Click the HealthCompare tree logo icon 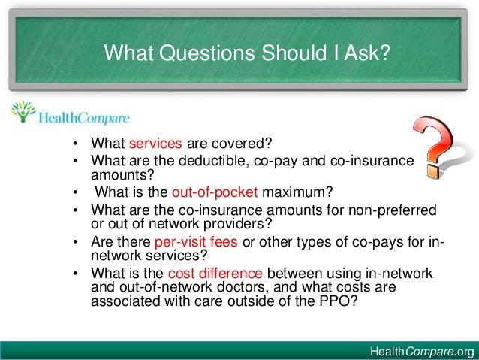tap(23, 113)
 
